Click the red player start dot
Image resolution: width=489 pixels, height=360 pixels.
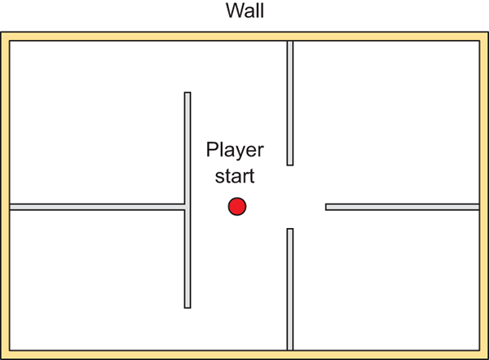(x=237, y=207)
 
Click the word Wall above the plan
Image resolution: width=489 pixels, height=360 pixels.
(x=244, y=12)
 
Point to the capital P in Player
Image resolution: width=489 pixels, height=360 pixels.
(x=211, y=151)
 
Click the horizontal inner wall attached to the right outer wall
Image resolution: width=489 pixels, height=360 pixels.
(x=402, y=207)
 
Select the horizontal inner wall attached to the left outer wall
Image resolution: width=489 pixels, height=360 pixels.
(x=96, y=207)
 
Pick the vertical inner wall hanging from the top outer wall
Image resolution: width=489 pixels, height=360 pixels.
(x=289, y=103)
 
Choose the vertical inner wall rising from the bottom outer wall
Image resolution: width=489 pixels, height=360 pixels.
(x=289, y=289)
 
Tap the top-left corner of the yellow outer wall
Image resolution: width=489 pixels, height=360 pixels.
(x=5, y=37)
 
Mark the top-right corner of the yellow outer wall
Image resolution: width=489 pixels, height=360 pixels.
(x=483, y=37)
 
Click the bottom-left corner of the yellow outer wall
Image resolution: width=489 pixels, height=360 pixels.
(x=5, y=354)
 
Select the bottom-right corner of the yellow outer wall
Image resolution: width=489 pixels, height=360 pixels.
(x=483, y=354)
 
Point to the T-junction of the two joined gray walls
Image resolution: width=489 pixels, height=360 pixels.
(x=187, y=207)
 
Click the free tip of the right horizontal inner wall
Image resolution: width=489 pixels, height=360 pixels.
(x=328, y=207)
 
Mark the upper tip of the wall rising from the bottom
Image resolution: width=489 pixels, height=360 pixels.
(x=289, y=230)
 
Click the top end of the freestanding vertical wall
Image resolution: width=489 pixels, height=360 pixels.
(x=187, y=94)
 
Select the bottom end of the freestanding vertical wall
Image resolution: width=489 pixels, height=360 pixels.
(x=187, y=305)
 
